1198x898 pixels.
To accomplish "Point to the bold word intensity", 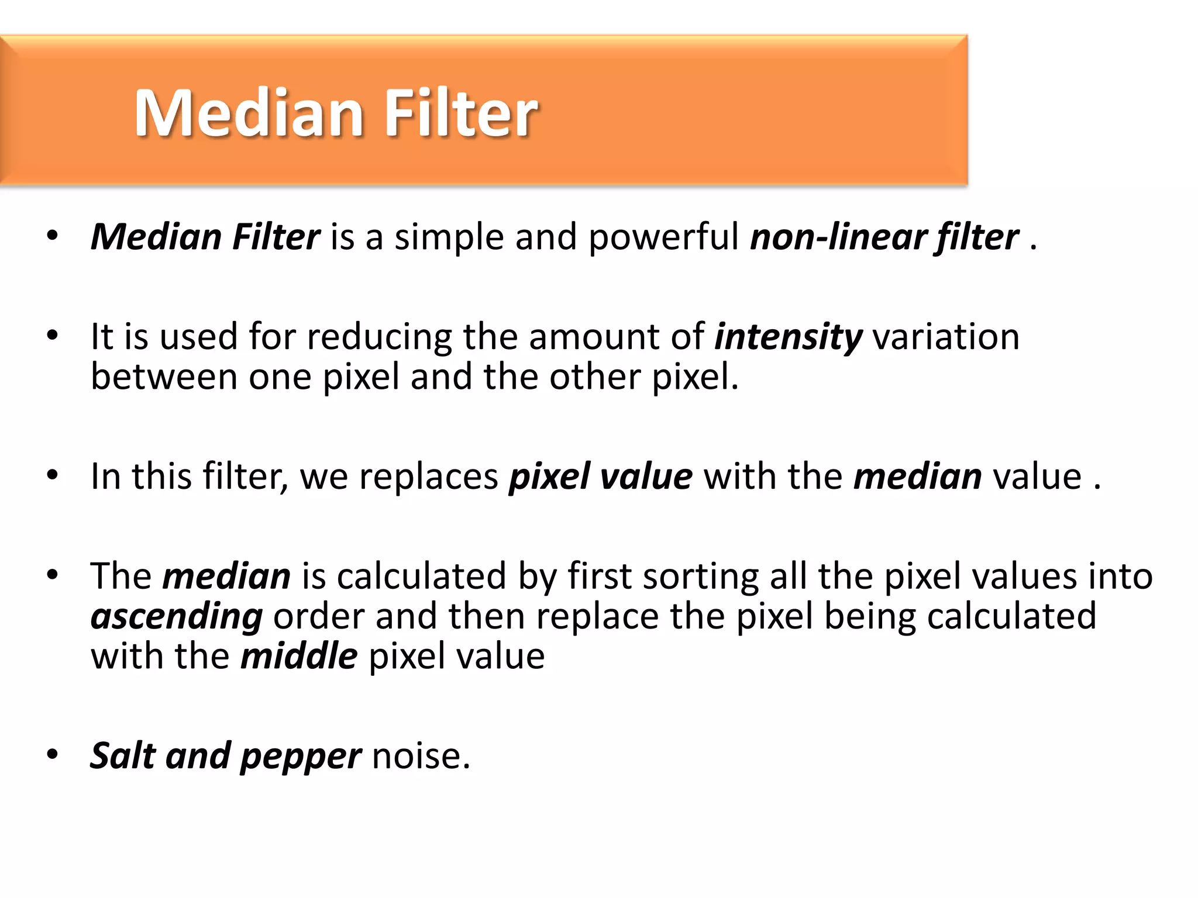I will coord(788,338).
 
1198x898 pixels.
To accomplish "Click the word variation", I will coord(946,337).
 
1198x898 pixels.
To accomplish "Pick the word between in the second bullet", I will coord(164,377).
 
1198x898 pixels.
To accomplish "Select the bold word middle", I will coord(299,657).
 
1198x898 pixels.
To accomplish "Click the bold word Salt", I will coord(123,755).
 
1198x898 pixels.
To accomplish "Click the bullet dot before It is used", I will coord(53,336).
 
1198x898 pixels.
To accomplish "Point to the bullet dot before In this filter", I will coord(53,475).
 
